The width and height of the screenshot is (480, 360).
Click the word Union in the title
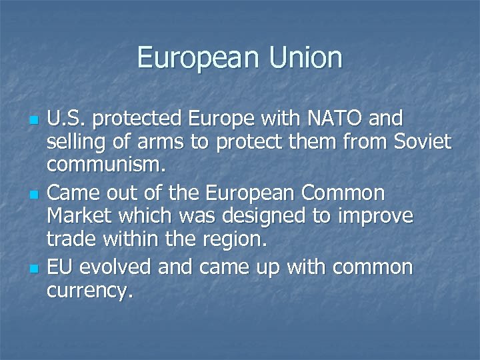(x=305, y=58)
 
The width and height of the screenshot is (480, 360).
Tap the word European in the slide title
(x=199, y=58)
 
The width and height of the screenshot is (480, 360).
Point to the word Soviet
(x=423, y=141)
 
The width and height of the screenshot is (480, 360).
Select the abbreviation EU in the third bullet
(x=59, y=267)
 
